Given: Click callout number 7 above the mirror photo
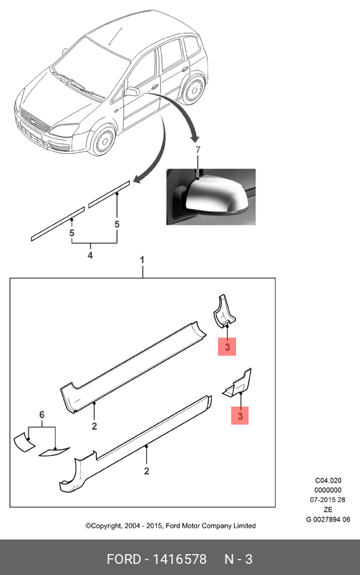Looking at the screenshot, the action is [x=198, y=150].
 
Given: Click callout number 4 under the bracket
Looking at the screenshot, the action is [x=91, y=255].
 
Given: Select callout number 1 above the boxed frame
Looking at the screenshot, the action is [x=142, y=260].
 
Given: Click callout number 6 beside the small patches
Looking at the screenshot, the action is [x=42, y=415].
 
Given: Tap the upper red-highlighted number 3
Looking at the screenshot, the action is [x=227, y=347].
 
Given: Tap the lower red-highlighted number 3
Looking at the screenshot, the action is [x=240, y=416].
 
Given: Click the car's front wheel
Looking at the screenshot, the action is [x=103, y=140].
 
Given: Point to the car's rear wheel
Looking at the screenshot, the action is [x=193, y=90].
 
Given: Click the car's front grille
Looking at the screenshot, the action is [x=36, y=121].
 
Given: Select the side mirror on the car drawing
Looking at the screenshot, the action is [x=132, y=91].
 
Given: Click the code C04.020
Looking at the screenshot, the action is [x=328, y=480].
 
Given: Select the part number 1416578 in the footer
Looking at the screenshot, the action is [x=180, y=559].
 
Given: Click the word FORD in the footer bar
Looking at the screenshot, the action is [x=124, y=559].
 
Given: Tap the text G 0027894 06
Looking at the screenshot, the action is [x=328, y=519].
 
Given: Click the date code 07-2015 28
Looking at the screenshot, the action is [x=328, y=499].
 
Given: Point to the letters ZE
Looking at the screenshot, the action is [x=328, y=510].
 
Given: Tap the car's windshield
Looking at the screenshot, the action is [x=91, y=67].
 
